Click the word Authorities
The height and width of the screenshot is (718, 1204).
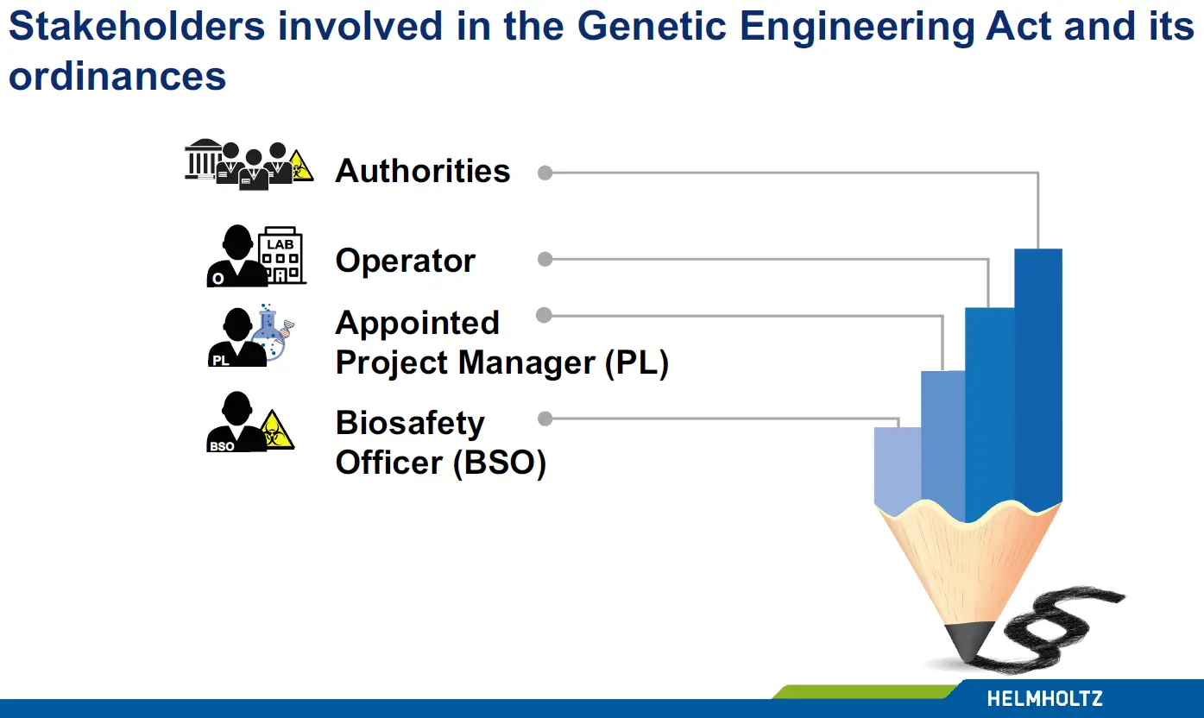[x=422, y=171]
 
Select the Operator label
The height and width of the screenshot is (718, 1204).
[x=406, y=261]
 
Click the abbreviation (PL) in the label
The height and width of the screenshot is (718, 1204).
[x=637, y=362]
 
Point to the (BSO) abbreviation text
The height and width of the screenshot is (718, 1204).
[x=500, y=463]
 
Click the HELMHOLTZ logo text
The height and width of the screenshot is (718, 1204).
[x=1044, y=699]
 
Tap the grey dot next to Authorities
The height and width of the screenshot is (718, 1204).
[x=545, y=173]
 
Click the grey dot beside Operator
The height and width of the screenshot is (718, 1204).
[x=545, y=259]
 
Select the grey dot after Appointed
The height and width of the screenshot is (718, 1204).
[x=544, y=315]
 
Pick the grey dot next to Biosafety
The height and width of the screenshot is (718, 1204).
[x=545, y=419]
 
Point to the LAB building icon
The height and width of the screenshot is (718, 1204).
[x=281, y=255]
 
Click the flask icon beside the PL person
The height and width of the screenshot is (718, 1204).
[x=273, y=332]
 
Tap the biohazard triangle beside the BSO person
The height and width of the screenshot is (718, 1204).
[x=277, y=431]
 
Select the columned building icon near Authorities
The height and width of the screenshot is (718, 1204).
[x=203, y=159]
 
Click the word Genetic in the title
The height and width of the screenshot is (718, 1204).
[x=652, y=26]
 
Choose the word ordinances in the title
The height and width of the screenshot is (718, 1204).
[x=117, y=76]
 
